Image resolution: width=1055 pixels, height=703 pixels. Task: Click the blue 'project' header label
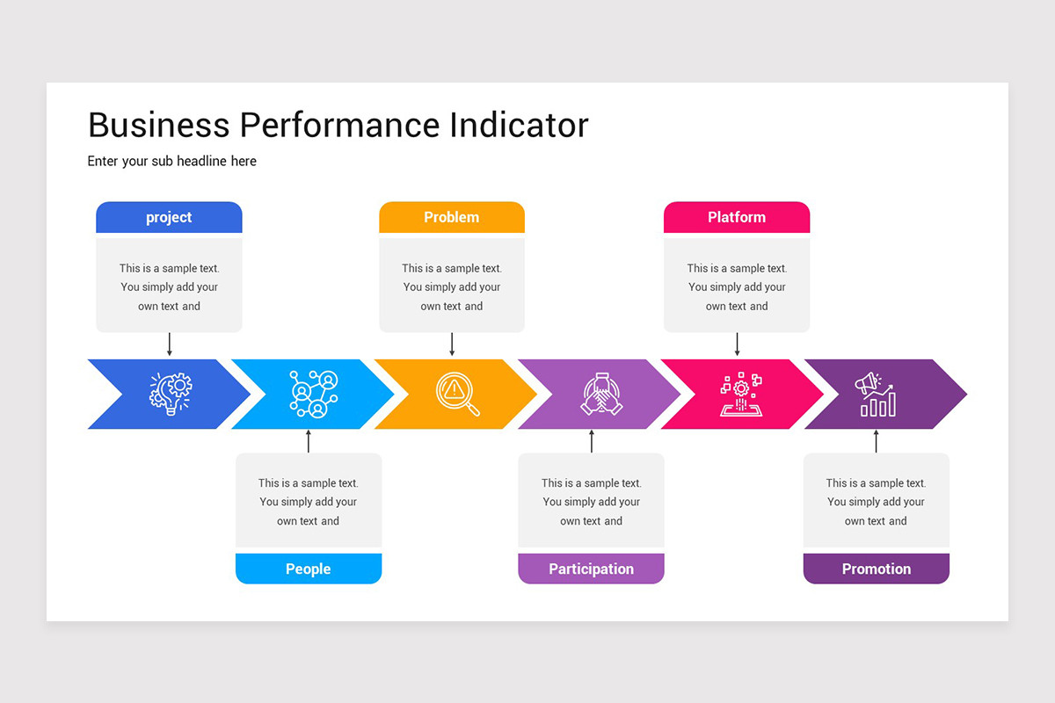(169, 217)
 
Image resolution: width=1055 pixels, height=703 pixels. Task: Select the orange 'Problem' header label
(452, 217)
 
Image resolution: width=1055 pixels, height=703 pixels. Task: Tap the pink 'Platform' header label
(737, 217)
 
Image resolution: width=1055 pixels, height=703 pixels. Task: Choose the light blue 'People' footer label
(309, 569)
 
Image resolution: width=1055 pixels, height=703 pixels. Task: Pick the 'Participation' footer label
(591, 569)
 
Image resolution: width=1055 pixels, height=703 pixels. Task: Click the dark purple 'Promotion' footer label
(877, 569)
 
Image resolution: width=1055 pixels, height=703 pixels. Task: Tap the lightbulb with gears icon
(171, 394)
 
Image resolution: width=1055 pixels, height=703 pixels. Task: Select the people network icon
(314, 394)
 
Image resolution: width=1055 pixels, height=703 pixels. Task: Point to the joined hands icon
(601, 394)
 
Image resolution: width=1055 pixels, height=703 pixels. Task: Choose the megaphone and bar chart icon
(876, 395)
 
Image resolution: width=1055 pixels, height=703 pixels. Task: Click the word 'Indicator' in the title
(519, 125)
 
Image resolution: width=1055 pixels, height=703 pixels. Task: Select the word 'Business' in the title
(159, 125)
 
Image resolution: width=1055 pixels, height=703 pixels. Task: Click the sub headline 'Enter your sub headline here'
(172, 161)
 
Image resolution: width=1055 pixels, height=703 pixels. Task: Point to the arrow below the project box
(170, 344)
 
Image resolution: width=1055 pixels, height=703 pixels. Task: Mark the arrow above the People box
(309, 441)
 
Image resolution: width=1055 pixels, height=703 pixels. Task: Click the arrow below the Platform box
(737, 344)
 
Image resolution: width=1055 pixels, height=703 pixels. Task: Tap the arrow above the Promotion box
(876, 441)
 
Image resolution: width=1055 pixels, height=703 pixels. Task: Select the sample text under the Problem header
(452, 287)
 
